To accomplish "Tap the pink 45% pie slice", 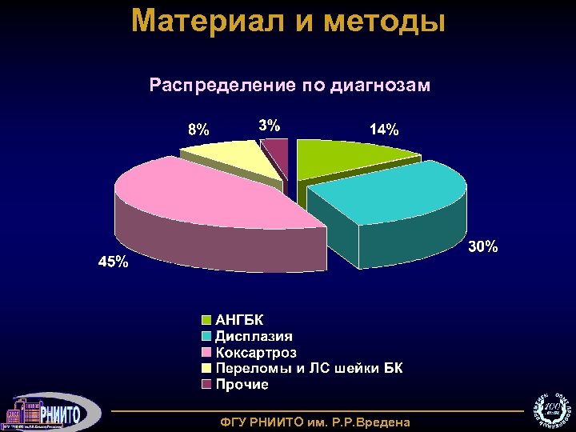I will (200, 200).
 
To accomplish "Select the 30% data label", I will (482, 247).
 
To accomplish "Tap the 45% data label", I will (111, 262).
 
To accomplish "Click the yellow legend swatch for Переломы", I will (206, 368).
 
